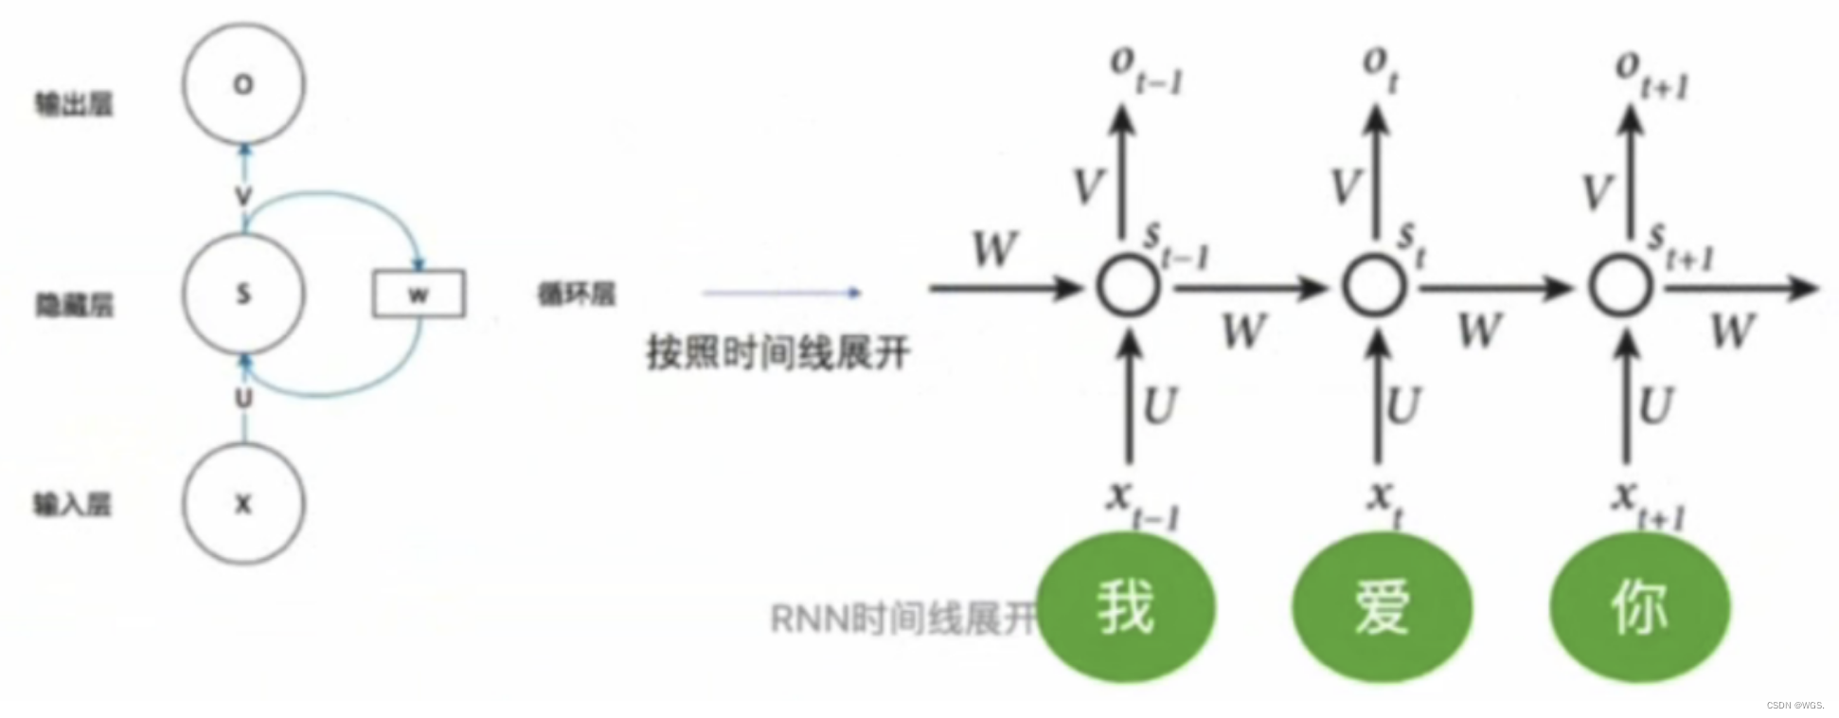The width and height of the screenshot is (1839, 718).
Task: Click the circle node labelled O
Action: (243, 84)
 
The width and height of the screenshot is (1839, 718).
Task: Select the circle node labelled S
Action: (243, 294)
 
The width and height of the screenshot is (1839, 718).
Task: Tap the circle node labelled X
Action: (243, 504)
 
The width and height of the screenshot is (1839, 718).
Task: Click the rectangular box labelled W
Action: (419, 295)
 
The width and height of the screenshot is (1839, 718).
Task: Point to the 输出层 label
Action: (74, 103)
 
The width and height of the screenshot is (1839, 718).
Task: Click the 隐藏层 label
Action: (74, 304)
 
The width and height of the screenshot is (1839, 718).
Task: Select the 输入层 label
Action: (73, 503)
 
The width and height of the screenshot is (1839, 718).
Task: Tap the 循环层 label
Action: (576, 294)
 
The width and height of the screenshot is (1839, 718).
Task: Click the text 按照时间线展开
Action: (777, 353)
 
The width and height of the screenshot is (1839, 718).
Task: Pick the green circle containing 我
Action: (1126, 606)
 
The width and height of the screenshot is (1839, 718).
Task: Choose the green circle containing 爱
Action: (1382, 606)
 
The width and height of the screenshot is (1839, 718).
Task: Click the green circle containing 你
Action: (1639, 606)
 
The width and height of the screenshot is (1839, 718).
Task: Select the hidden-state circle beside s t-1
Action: (1128, 286)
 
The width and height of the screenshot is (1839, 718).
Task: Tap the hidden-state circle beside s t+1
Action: (1620, 286)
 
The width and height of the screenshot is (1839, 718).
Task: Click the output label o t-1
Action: (1146, 71)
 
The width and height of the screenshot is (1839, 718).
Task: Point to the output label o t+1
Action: (1652, 74)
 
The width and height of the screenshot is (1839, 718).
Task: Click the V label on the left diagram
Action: (243, 196)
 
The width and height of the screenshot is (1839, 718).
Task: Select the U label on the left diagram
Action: (243, 398)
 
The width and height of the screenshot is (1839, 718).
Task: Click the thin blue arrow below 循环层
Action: (781, 293)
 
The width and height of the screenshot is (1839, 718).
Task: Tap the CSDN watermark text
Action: (1794, 705)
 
